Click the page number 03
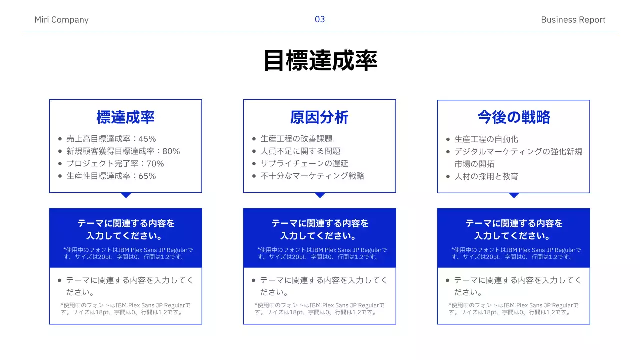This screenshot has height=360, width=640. click(x=320, y=19)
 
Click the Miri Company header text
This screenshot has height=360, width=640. click(x=61, y=20)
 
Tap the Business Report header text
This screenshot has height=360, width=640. click(x=573, y=20)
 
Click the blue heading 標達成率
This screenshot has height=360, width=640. click(x=125, y=117)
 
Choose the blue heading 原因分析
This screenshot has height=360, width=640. click(x=319, y=117)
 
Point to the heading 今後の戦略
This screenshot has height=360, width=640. click(x=513, y=117)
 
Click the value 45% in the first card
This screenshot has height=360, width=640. click(x=147, y=139)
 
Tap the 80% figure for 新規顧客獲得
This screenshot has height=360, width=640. click(x=171, y=151)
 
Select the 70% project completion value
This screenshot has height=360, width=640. click(x=155, y=164)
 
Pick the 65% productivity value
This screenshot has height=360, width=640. click(x=147, y=176)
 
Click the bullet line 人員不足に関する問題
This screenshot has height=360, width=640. click(x=300, y=151)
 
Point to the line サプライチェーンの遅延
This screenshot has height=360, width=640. click(x=304, y=164)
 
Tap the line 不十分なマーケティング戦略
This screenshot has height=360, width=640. click(x=312, y=176)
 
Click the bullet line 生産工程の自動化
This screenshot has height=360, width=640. click(x=486, y=139)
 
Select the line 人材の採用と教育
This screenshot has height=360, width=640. click(x=486, y=176)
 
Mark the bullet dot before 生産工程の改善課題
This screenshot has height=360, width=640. click(x=254, y=139)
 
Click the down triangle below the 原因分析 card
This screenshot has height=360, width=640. click(x=320, y=195)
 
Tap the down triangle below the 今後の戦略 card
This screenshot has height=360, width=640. click(x=514, y=195)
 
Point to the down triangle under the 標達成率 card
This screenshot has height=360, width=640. click(x=126, y=195)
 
